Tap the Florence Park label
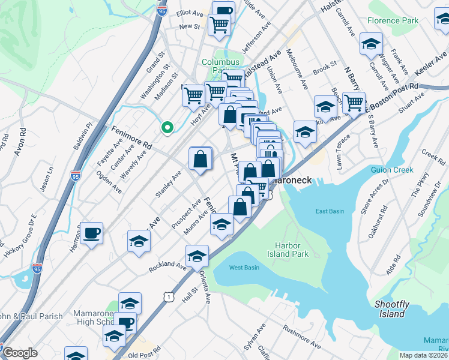[393, 20]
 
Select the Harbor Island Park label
[292, 250]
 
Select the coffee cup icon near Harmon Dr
[91, 233]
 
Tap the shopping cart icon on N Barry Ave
[354, 103]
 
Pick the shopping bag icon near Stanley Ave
[200, 159]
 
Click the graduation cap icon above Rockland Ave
[197, 256]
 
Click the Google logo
[20, 353]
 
